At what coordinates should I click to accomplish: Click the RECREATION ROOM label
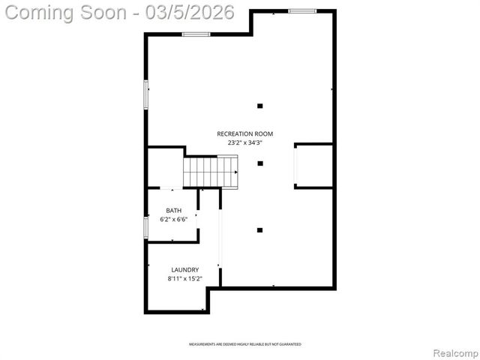pos(240,133)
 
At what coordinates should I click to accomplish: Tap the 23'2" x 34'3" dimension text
pos(240,142)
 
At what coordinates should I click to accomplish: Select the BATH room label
pos(174,211)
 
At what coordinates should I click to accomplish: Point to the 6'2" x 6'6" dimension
pos(174,220)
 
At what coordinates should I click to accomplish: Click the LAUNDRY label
pos(184,269)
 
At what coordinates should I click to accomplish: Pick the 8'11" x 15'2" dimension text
pos(184,278)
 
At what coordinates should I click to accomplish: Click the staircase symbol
pos(211,171)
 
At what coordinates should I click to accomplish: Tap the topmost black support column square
pos(260,106)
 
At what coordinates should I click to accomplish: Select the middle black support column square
pos(260,163)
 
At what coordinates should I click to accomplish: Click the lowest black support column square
pos(260,230)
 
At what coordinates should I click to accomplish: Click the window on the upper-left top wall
pos(195,34)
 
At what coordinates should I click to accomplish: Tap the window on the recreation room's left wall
pos(146,94)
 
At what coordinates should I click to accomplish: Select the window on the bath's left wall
pos(146,228)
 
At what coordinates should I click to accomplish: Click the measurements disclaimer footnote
pos(244,344)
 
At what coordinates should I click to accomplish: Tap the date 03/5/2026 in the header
pos(190,13)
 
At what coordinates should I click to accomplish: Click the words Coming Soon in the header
pos(69,13)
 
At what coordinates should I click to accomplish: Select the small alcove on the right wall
pos(313,165)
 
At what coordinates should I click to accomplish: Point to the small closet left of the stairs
pos(165,167)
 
